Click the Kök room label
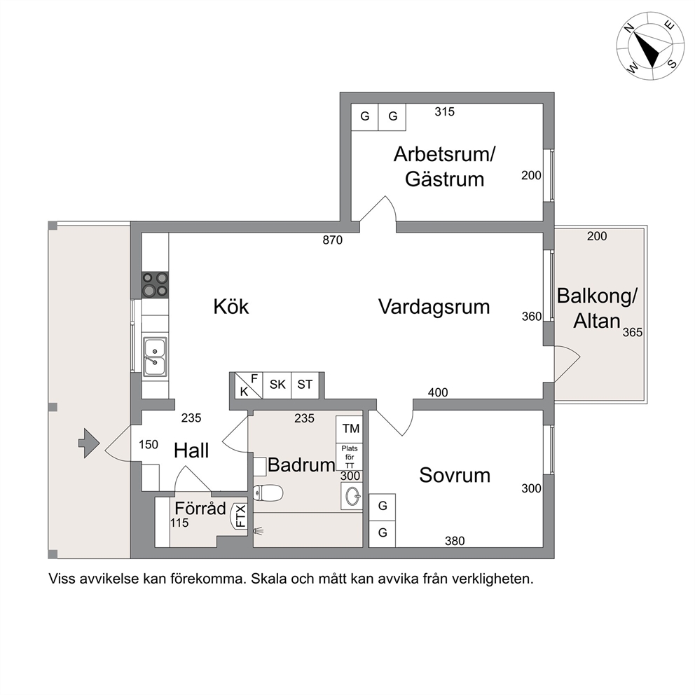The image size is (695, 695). [x=231, y=306]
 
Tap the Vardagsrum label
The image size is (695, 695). [x=434, y=307]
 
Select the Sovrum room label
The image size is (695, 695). [x=454, y=475]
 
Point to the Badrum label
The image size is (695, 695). [x=301, y=465]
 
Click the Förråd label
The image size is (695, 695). [x=200, y=508]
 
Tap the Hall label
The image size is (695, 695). [x=191, y=450]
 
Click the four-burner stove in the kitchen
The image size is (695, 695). [x=155, y=284]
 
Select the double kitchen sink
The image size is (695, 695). [x=155, y=357]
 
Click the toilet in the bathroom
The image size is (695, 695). [x=268, y=493]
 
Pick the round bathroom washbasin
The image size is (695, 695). [x=352, y=495]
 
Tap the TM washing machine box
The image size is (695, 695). [x=350, y=429]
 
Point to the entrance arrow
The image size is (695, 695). [x=89, y=443]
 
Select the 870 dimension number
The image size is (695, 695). [x=332, y=240]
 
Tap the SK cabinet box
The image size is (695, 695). [x=277, y=385]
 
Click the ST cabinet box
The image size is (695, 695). [x=305, y=385]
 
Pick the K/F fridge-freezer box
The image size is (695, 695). [x=249, y=385]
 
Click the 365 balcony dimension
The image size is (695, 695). [x=633, y=332]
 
